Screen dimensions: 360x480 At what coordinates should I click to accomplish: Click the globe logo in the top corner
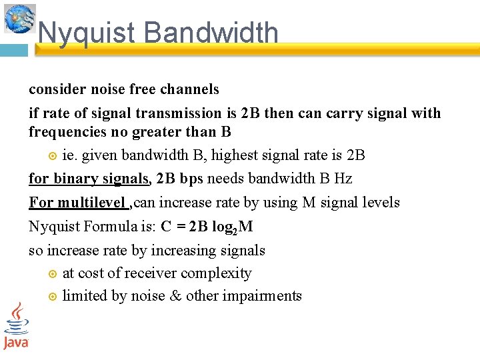[19, 18]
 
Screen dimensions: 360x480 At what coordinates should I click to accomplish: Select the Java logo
[16, 326]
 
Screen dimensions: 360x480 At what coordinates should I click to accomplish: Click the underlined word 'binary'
[76, 179]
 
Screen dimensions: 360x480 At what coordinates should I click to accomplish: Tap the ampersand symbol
[176, 296]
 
